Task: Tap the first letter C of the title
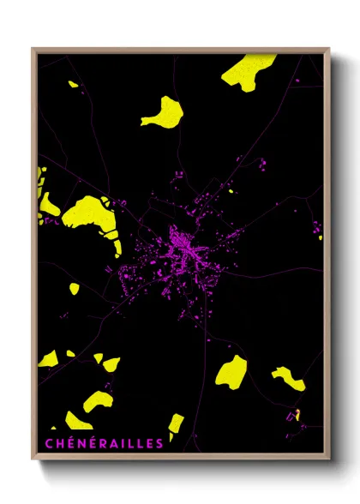tap(47, 443)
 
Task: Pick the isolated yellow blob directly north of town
tap(163, 111)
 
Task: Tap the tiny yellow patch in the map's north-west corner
tap(74, 84)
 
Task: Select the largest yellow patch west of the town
tap(90, 214)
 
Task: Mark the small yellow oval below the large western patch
tap(75, 289)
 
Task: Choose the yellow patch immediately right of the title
tap(175, 425)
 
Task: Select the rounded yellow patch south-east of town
tap(231, 370)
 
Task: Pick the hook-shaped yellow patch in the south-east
tap(288, 378)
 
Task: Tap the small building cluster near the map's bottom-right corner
tap(296, 417)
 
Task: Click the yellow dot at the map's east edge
tap(321, 237)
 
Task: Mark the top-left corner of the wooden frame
tap(33, 49)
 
